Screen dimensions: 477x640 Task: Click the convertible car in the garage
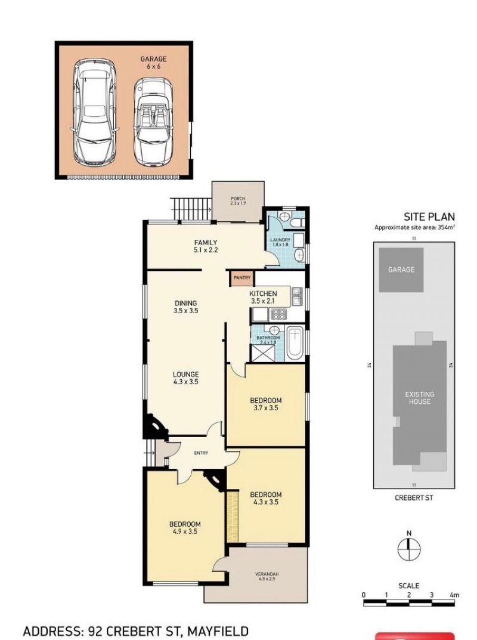153,122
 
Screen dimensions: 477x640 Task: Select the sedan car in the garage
94,112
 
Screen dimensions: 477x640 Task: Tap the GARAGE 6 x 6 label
153,63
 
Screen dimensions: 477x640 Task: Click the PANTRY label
242,278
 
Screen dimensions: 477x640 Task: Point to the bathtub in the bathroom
295,344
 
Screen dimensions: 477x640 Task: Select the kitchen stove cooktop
280,314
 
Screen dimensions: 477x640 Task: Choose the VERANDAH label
267,576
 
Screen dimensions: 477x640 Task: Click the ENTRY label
201,453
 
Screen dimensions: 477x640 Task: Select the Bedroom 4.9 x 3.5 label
185,528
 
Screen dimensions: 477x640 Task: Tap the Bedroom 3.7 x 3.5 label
266,404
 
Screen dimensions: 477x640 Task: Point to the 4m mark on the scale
454,595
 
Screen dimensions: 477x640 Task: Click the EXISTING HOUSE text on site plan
420,398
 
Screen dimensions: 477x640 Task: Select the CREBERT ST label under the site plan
414,498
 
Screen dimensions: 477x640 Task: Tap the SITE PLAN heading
429,217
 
